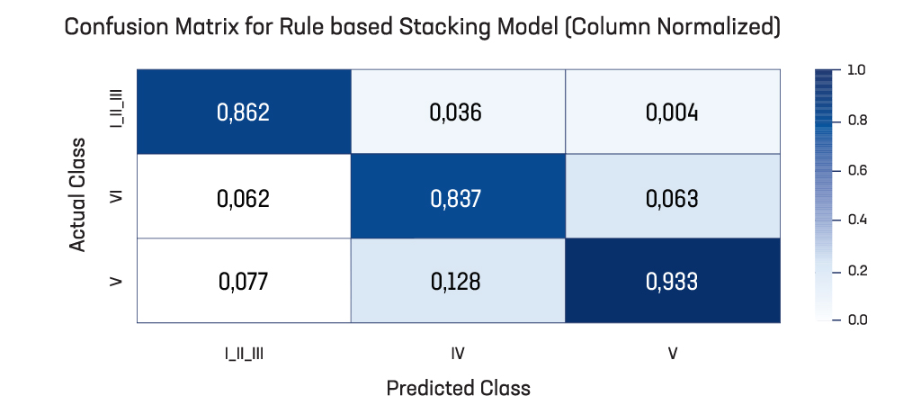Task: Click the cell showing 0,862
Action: tap(244, 112)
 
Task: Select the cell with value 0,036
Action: tap(458, 112)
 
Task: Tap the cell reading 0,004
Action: tap(673, 112)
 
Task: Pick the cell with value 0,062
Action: tap(244, 196)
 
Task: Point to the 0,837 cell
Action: tap(458, 196)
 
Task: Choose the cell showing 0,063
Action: tap(673, 196)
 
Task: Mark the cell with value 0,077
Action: tap(244, 281)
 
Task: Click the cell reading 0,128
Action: tap(458, 281)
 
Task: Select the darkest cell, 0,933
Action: tap(673, 281)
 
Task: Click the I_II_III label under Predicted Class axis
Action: tap(244, 354)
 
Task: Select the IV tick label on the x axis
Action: tap(458, 354)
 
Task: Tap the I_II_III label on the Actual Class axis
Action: tap(116, 112)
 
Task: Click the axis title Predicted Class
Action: tap(458, 388)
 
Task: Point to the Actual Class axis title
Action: tap(78, 195)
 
